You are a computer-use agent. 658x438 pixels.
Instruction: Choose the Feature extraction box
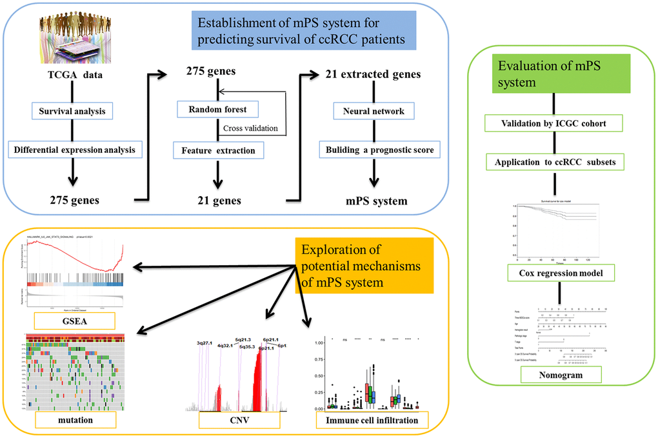click(214, 151)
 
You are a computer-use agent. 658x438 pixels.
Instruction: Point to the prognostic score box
click(379, 151)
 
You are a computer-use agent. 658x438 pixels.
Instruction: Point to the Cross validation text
click(250, 128)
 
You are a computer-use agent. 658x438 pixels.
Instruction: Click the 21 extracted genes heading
click(374, 74)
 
